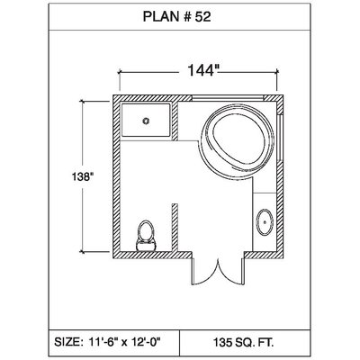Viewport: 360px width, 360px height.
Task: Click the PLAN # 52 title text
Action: click(176, 17)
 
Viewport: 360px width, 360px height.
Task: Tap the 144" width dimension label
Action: click(202, 70)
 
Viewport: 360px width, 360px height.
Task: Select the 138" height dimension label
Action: click(81, 176)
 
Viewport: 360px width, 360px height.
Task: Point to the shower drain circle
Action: click(146, 121)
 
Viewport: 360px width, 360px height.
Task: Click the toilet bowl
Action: click(146, 230)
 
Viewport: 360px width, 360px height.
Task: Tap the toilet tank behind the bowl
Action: click(146, 245)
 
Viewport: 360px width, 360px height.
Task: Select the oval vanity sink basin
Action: click(265, 222)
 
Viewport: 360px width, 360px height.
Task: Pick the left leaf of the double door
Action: click(205, 272)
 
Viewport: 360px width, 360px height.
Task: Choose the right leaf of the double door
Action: click(231, 272)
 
